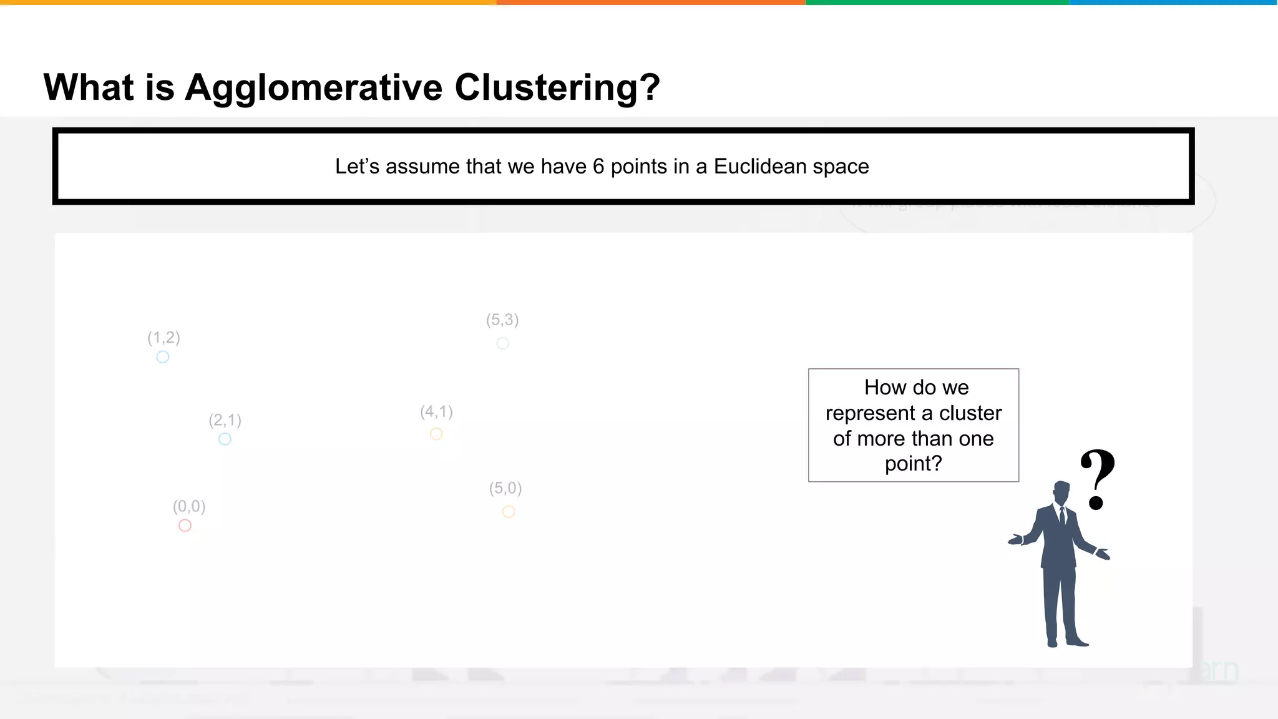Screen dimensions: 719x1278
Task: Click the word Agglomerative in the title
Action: pyautogui.click(x=313, y=87)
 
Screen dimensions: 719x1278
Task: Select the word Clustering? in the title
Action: pyautogui.click(x=557, y=87)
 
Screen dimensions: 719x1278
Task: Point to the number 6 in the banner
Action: pyautogui.click(x=598, y=167)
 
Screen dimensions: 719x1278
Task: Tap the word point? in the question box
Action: pyautogui.click(x=913, y=464)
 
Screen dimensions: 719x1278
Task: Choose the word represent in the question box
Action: pyautogui.click(x=870, y=413)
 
